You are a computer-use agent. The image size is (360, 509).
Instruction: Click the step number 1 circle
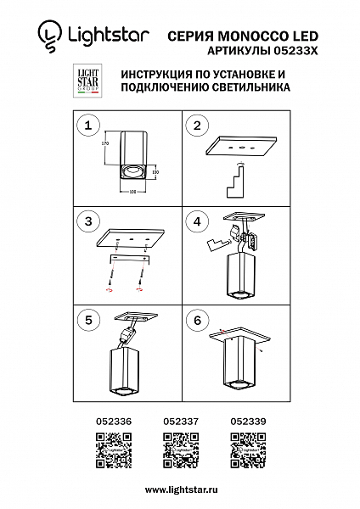tap(84, 126)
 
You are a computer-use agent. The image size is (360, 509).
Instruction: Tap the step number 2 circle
tap(197, 126)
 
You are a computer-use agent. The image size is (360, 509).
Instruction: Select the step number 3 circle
tap(84, 222)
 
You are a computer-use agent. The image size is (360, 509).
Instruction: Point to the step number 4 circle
tap(197, 222)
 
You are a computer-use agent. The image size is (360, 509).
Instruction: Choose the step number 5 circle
tap(84, 322)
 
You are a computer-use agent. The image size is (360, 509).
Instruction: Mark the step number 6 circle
tap(197, 322)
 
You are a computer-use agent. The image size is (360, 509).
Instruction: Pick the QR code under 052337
tap(179, 447)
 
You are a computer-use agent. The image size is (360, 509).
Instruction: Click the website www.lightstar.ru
tap(179, 489)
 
